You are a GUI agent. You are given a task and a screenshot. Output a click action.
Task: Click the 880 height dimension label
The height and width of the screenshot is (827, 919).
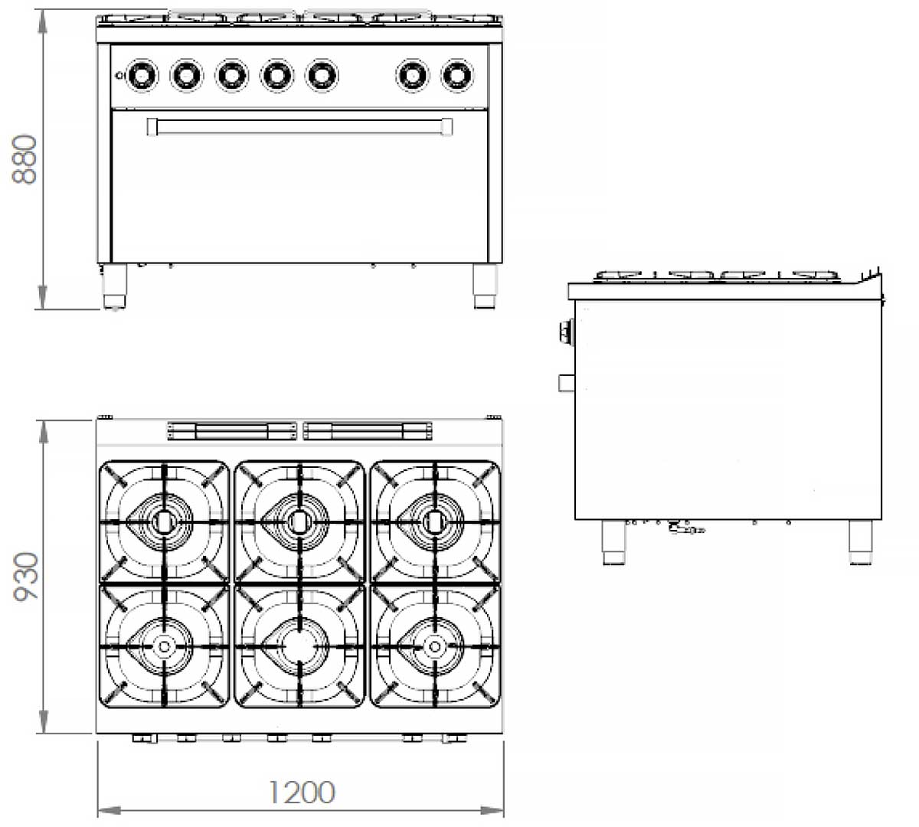(25, 159)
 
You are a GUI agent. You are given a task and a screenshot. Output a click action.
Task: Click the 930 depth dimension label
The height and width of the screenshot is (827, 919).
(26, 576)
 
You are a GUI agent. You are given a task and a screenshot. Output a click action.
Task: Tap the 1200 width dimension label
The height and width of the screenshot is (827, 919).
(302, 793)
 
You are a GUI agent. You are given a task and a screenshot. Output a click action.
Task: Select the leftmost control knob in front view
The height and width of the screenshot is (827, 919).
(142, 75)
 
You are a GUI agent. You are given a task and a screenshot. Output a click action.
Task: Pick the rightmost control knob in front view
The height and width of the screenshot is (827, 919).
(456, 75)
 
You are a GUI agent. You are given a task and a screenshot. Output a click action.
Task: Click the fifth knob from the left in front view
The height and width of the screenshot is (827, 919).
(322, 75)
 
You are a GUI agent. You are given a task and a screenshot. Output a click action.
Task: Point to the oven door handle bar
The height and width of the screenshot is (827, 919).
(300, 127)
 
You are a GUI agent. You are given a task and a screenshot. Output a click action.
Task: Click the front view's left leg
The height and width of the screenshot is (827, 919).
(114, 286)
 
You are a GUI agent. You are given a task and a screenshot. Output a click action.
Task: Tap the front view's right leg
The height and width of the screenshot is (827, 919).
(485, 286)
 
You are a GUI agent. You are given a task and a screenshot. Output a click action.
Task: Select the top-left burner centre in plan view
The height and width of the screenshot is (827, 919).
(162, 521)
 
